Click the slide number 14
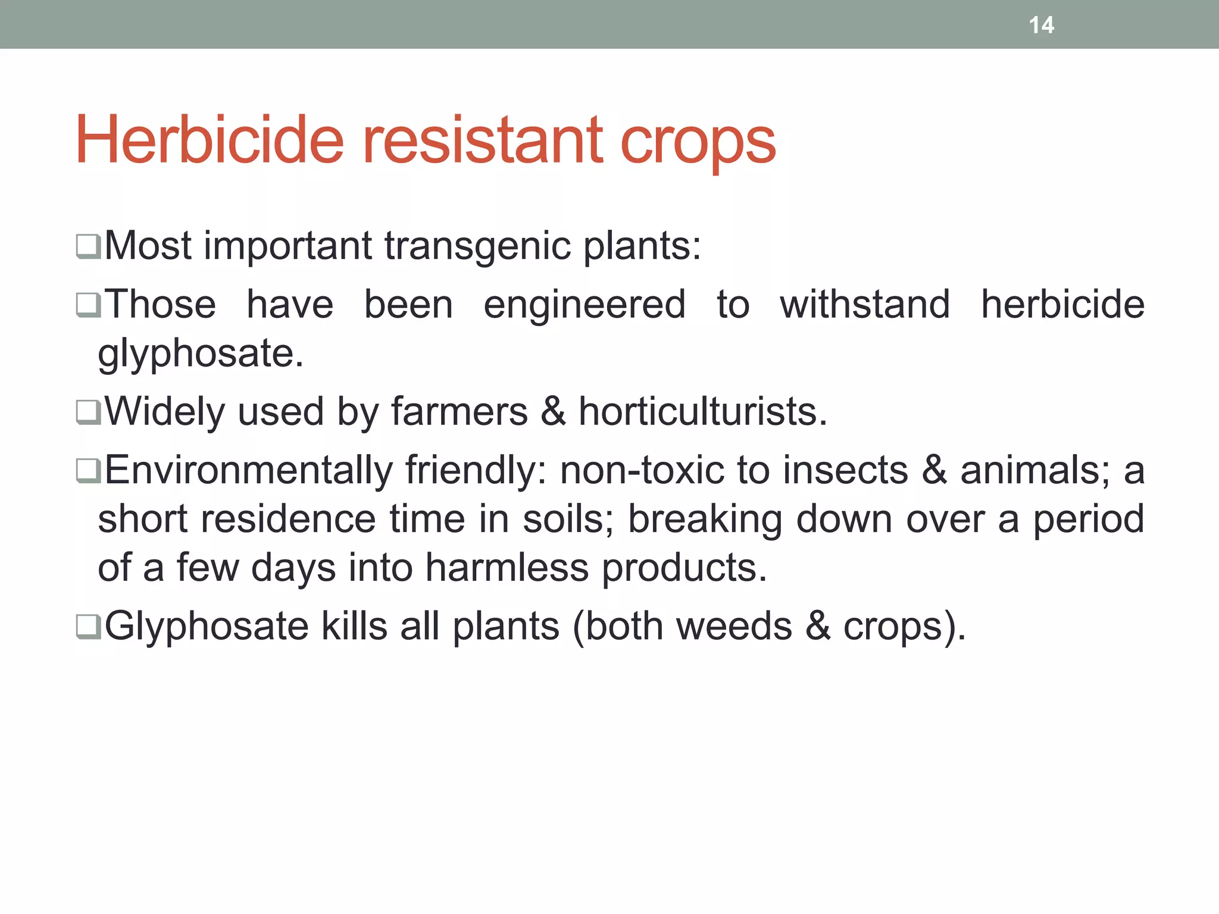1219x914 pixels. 1041,25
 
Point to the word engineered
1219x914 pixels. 585,305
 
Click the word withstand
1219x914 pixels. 864,305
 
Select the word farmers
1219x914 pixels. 459,412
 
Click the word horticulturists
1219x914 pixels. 703,412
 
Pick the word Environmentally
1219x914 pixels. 249,471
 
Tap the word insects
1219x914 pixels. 845,471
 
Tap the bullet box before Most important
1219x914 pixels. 88,246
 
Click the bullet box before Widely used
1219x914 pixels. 88,412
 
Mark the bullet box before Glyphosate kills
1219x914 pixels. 88,627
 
